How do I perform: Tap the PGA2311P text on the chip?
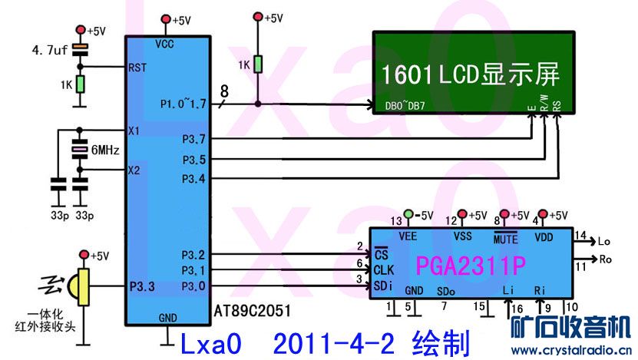tap(471, 266)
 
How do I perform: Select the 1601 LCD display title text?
tap(469, 74)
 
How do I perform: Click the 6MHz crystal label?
tap(104, 150)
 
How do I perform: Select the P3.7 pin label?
tap(193, 139)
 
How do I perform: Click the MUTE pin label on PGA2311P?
tap(505, 239)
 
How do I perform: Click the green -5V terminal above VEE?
tap(408, 213)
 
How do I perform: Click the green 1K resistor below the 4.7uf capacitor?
tap(79, 83)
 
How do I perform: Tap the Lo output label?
tap(603, 241)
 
